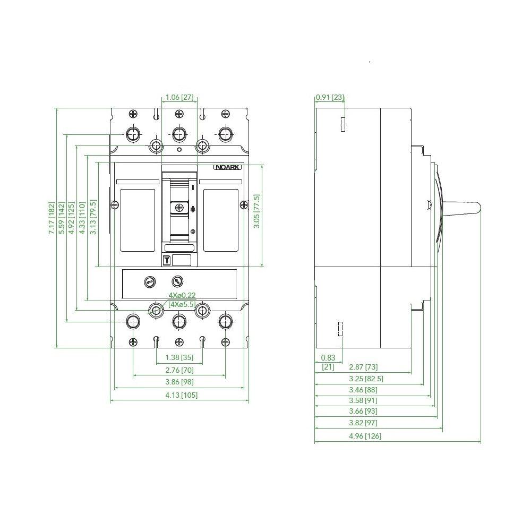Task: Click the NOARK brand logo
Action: (228, 167)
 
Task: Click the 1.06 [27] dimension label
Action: (179, 97)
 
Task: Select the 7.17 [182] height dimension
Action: (51, 218)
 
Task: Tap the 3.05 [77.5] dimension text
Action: (256, 211)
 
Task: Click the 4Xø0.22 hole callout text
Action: (182, 295)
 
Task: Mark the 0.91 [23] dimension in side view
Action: (330, 97)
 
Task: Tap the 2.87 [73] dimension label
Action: (364, 366)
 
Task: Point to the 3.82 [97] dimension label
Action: (364, 423)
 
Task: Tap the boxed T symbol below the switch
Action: (166, 260)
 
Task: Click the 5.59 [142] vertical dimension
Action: (62, 218)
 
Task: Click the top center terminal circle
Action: (179, 133)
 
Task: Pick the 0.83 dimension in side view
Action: (328, 358)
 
